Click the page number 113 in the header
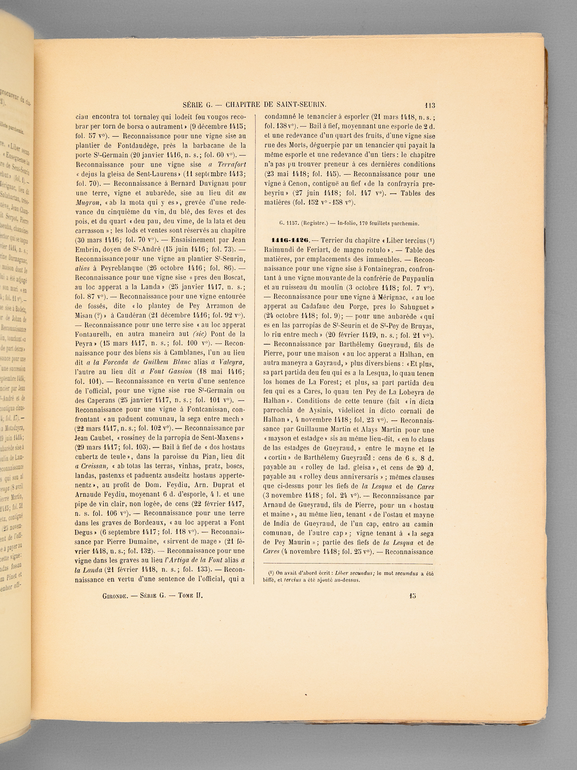(429, 105)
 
